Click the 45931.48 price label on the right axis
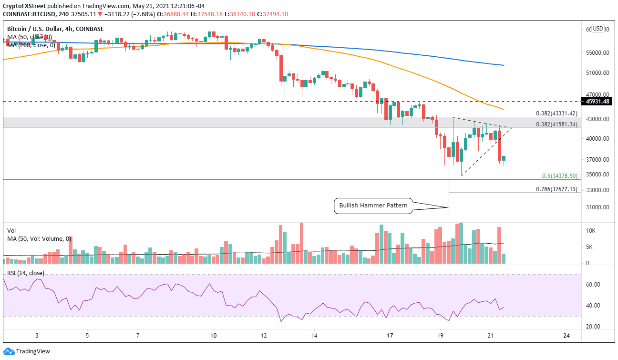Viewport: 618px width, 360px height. (x=598, y=101)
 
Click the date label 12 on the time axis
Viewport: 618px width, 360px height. (x=264, y=336)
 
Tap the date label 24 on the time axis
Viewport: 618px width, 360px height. (x=566, y=336)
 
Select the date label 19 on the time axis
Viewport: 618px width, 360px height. (x=440, y=336)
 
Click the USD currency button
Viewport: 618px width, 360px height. (x=598, y=28)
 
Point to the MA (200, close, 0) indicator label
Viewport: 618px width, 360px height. (x=31, y=44)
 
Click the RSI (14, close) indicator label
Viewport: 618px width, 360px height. (x=26, y=273)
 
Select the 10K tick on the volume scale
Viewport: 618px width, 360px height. (x=590, y=230)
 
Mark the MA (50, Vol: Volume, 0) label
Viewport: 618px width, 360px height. (x=39, y=239)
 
